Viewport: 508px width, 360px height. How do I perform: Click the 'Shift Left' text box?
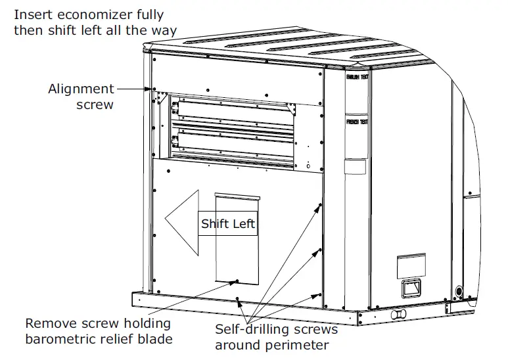(228, 223)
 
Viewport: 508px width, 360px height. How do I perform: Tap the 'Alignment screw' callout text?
(81, 96)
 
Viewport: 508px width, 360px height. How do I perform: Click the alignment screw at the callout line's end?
(153, 89)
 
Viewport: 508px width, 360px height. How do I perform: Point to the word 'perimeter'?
(301, 344)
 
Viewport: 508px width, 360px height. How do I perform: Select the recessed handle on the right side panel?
(411, 288)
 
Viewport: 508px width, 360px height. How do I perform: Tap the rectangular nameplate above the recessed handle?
(411, 266)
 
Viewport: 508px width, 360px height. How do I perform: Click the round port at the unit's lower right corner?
(458, 290)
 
